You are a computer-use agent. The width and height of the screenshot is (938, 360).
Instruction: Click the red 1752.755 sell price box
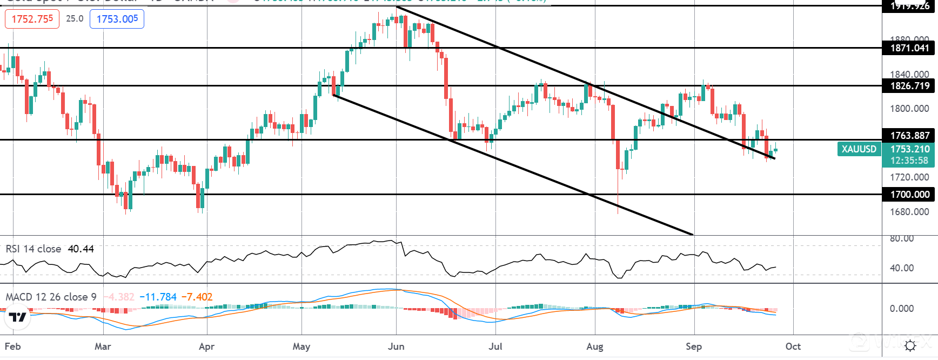[32, 19]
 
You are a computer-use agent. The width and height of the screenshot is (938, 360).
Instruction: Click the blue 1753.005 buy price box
[117, 19]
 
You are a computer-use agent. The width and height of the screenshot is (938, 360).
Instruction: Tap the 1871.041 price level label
[909, 48]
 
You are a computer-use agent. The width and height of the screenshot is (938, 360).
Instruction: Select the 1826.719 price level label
[909, 86]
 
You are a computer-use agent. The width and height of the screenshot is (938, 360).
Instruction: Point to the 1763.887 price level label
[909, 136]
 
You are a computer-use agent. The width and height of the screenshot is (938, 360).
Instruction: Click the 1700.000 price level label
[909, 195]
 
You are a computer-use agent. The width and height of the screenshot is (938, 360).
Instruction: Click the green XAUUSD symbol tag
[859, 149]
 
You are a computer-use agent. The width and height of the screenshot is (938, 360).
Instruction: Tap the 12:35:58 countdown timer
[909, 161]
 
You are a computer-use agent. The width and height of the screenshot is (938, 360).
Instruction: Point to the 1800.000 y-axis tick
[909, 109]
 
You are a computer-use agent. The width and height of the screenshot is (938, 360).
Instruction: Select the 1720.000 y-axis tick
[909, 177]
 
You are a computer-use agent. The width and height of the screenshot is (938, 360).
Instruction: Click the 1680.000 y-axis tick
[909, 212]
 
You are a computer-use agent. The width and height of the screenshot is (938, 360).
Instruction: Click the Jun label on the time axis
[396, 346]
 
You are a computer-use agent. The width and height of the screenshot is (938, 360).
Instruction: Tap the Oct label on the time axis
[793, 346]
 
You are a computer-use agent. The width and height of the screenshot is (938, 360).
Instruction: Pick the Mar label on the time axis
[103, 346]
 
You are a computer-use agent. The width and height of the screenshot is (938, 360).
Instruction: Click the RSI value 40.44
[81, 249]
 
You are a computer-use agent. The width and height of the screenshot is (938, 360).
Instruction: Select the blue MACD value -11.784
[158, 297]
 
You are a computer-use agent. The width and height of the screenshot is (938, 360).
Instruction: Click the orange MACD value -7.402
[197, 297]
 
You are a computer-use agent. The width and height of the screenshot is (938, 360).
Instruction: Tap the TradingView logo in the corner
[17, 317]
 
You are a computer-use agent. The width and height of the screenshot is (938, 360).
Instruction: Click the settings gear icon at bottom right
[910, 346]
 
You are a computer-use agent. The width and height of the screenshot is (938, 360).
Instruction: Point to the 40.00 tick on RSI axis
[901, 268]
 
